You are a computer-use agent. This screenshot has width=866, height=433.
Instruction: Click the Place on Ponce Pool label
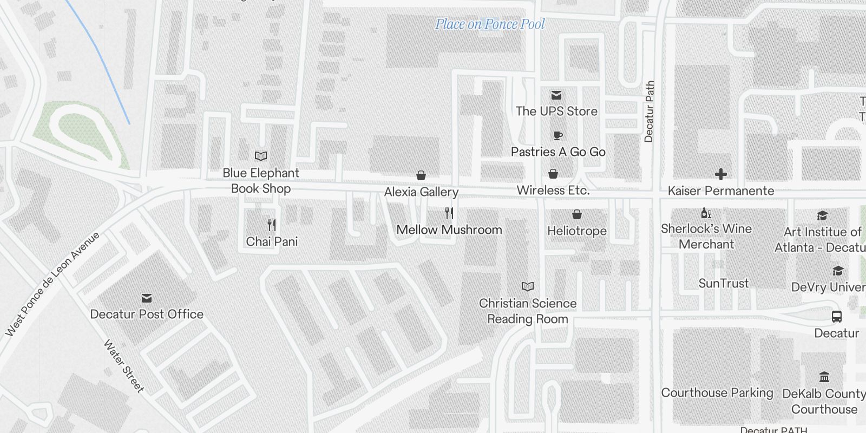tap(490, 24)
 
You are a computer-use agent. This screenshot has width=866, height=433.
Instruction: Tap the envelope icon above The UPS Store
tap(556, 96)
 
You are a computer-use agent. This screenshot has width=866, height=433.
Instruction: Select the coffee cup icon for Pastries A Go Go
tap(557, 135)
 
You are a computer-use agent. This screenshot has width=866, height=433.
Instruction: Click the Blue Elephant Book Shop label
tap(261, 181)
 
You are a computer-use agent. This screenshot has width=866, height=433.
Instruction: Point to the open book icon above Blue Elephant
tap(261, 156)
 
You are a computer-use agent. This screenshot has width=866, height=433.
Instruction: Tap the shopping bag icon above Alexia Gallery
tap(421, 175)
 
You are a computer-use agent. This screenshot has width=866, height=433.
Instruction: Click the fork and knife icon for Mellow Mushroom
tap(449, 213)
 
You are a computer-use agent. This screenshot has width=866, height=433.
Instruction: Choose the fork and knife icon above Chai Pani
tap(272, 225)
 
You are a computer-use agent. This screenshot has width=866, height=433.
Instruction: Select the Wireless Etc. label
tap(553, 191)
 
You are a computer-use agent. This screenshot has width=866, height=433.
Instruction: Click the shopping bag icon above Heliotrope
tap(577, 215)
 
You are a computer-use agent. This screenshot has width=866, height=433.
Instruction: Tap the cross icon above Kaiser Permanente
tap(720, 174)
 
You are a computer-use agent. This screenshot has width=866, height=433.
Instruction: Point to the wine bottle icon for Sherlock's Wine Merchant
tap(706, 213)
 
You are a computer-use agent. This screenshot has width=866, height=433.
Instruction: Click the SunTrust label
tap(724, 283)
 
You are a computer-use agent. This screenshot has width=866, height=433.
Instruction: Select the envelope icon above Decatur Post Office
tap(146, 298)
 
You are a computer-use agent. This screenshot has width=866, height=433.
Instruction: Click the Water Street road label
tap(124, 366)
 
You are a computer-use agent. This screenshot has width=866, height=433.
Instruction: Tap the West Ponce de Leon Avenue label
tap(53, 284)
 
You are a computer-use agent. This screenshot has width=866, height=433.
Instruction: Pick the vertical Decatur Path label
tap(649, 111)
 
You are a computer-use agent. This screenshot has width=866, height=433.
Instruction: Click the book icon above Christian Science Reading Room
tap(528, 287)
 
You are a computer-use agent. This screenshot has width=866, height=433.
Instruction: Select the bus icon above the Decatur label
tap(837, 317)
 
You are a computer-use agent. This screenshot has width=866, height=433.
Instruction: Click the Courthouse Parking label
tap(717, 393)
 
